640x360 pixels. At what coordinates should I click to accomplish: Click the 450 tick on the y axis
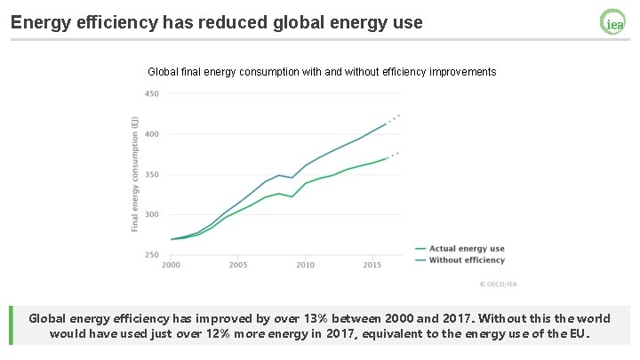point(152,94)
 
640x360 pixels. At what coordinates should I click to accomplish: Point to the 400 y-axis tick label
point(152,134)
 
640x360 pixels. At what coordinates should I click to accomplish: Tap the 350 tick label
point(152,174)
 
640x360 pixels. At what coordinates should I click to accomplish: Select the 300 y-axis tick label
point(152,214)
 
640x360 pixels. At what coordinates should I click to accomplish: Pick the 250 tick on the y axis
point(152,255)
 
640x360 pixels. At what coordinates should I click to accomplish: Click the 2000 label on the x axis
point(171,266)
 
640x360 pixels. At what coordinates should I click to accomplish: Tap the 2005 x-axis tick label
point(238,266)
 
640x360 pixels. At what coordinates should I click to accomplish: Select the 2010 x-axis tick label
point(306,266)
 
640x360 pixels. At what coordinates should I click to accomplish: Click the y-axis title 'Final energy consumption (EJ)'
point(135,173)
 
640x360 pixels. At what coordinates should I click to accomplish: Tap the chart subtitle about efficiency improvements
point(321,71)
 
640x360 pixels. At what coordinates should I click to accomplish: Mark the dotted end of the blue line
point(394,117)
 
